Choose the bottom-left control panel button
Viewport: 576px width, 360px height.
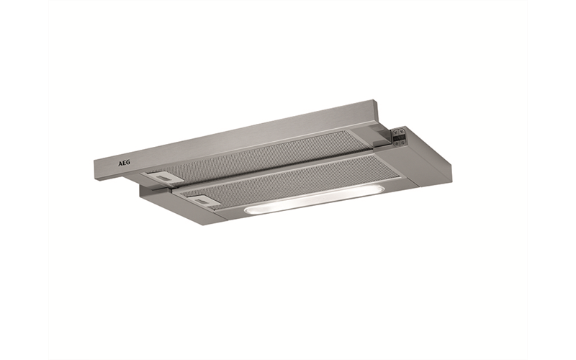(395, 143)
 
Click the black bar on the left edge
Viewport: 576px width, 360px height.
(24, 180)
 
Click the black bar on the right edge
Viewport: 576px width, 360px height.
(552, 180)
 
